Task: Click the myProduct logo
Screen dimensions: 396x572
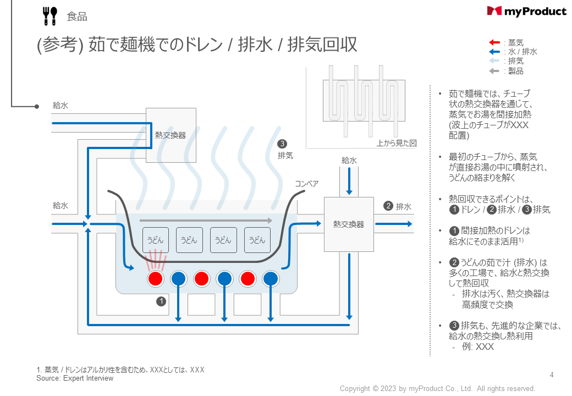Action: (x=526, y=11)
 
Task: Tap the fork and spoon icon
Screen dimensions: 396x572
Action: (x=50, y=16)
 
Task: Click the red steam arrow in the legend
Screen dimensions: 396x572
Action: (x=494, y=42)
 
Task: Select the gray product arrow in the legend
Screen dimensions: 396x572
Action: (x=494, y=71)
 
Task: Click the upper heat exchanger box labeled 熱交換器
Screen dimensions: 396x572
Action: (x=170, y=135)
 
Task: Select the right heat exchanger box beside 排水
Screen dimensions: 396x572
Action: (x=349, y=224)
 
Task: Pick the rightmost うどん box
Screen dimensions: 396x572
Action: (x=257, y=240)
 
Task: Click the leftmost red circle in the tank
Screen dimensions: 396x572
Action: (x=156, y=279)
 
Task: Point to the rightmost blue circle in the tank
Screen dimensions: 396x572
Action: (x=270, y=279)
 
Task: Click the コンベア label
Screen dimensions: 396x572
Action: (x=306, y=184)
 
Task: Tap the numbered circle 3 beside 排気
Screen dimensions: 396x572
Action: (x=283, y=144)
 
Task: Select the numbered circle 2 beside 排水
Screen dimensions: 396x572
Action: (x=388, y=206)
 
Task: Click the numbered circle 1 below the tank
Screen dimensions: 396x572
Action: (x=161, y=301)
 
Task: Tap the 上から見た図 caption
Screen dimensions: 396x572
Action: (x=396, y=143)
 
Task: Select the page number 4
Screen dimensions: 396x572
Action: (x=552, y=375)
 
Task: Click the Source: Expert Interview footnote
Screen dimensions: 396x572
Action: (x=75, y=378)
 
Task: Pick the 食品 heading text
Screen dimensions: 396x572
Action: (x=77, y=16)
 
